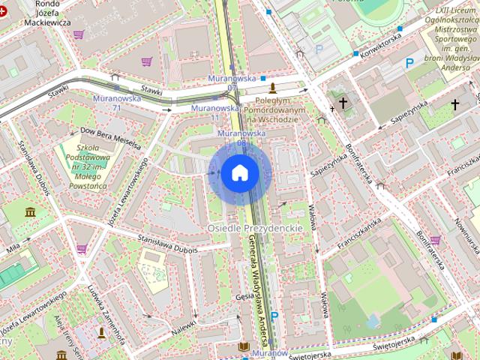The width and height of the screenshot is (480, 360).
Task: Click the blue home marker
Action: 240,173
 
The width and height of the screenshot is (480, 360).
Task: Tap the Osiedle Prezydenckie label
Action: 254,226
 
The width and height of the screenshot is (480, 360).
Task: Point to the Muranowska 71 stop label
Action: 106,103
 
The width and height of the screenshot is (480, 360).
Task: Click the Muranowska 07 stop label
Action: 232,82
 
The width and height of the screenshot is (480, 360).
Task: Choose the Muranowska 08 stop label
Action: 241,137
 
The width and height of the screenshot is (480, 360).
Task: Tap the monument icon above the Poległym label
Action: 271,88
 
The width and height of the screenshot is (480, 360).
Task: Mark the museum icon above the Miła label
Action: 30,213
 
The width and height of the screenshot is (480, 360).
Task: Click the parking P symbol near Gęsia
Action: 274,316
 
